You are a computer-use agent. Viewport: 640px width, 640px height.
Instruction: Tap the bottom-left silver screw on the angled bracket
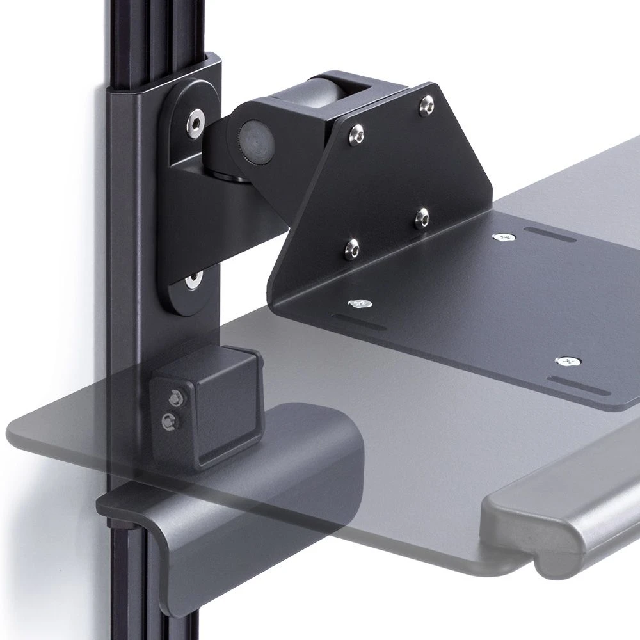351,246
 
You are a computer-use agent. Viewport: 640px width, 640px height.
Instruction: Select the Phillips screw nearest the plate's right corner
566,362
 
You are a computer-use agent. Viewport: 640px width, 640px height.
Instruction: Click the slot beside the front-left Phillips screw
358,321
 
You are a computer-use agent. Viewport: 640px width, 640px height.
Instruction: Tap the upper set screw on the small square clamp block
173,399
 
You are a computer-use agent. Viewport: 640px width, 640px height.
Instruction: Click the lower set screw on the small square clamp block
169,420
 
